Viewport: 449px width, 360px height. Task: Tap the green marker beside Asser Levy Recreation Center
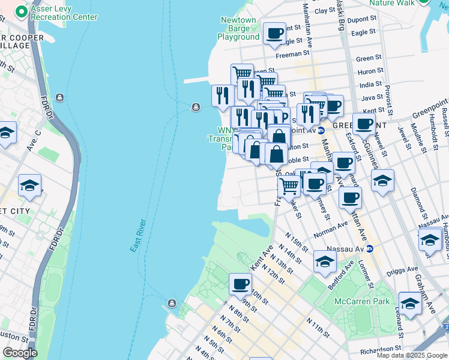pyautogui.click(x=22, y=11)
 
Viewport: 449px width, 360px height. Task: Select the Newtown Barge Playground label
pyautogui.click(x=238, y=28)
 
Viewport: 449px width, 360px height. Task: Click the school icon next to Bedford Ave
pyautogui.click(x=325, y=260)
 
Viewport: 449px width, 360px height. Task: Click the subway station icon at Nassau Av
pyautogui.click(x=370, y=248)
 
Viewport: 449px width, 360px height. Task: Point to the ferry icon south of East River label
pyautogui.click(x=172, y=303)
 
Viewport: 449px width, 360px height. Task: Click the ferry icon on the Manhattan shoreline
pyautogui.click(x=59, y=97)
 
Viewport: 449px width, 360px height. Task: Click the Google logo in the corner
pyautogui.click(x=20, y=353)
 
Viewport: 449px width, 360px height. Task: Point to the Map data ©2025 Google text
pyautogui.click(x=411, y=355)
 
